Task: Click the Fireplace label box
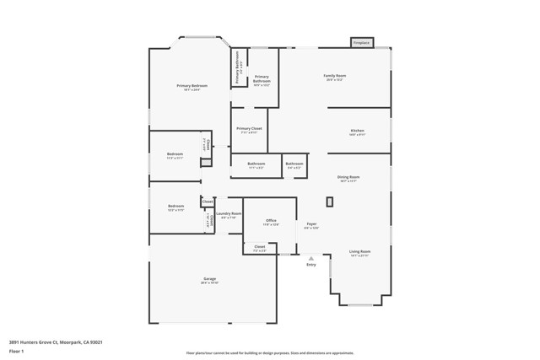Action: coord(361,42)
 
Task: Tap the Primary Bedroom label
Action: coord(192,86)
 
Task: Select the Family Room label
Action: coord(335,76)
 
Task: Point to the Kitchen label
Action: coord(358,131)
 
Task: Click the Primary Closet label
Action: coord(249,129)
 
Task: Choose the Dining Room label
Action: coord(348,177)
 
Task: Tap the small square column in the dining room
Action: coord(330,201)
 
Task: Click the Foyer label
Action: coord(311,224)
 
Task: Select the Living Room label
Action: coord(360,251)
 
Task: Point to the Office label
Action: coord(271,221)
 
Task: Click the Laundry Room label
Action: coord(229,214)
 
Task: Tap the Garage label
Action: coord(209,279)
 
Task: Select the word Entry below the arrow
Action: coord(310,265)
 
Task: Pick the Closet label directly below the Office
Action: coord(260,247)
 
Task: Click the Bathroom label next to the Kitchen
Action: coord(294,164)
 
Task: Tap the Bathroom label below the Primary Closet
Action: coord(256,164)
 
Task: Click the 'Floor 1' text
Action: coord(17,351)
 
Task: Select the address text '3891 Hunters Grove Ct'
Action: coord(34,342)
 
